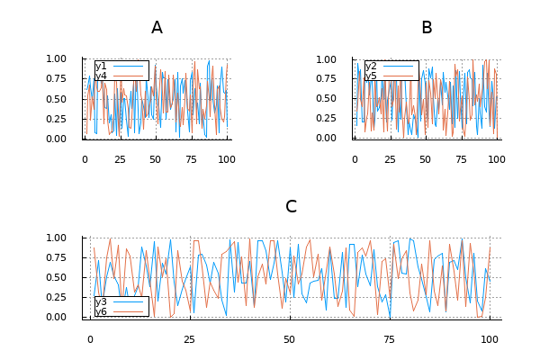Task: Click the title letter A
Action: click(x=157, y=28)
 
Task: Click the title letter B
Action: click(x=427, y=28)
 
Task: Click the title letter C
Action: click(x=291, y=207)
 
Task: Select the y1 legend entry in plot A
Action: click(x=101, y=66)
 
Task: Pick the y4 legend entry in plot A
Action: click(x=101, y=76)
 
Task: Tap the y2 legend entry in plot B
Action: click(x=371, y=66)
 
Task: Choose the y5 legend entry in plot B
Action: click(x=371, y=76)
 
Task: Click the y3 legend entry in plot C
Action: click(x=101, y=301)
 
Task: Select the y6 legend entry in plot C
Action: click(x=101, y=311)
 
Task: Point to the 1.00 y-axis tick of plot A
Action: click(x=56, y=59)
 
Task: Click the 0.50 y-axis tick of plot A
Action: click(x=56, y=99)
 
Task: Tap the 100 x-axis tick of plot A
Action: click(x=227, y=159)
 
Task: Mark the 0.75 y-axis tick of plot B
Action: click(x=326, y=79)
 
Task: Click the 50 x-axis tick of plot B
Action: click(x=425, y=159)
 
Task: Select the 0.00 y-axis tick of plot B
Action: click(x=326, y=139)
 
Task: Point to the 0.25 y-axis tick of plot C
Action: click(x=56, y=297)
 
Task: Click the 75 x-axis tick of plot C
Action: click(x=390, y=339)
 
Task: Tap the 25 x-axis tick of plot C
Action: click(x=190, y=339)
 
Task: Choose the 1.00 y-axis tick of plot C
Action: click(x=56, y=238)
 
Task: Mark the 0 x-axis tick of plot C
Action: click(x=90, y=339)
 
